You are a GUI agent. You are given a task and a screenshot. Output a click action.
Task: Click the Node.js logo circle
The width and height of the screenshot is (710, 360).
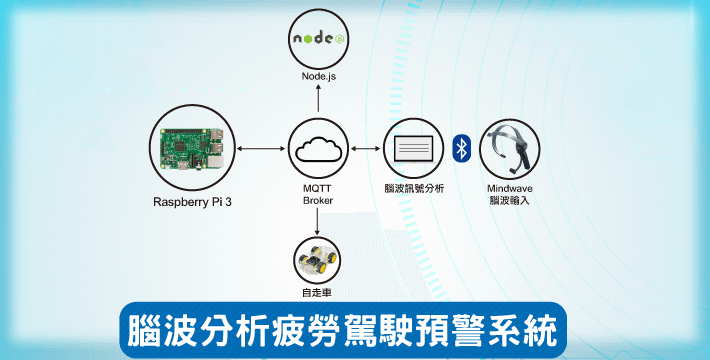point(318,39)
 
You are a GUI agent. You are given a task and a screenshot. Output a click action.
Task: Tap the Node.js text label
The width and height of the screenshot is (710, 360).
point(319,76)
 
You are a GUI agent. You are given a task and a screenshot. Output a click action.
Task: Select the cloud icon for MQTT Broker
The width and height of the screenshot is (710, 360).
point(318,149)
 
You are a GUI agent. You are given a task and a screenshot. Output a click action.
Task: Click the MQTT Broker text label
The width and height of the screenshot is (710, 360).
point(318,194)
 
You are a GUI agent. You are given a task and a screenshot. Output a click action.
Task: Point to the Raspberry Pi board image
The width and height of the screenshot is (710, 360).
point(192,148)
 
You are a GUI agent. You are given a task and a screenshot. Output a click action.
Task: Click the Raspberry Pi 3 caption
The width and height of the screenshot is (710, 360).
point(192,202)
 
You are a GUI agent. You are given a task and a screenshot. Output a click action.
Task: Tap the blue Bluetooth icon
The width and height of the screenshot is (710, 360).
point(461,148)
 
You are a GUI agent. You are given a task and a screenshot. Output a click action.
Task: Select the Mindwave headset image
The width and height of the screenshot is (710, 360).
point(510,149)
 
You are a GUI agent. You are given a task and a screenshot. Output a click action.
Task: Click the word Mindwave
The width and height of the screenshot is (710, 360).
point(510,188)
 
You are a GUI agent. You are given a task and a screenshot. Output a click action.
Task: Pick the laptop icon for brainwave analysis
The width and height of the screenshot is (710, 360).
point(413,149)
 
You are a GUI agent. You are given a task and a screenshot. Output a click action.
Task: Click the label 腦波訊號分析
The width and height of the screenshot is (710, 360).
point(414,188)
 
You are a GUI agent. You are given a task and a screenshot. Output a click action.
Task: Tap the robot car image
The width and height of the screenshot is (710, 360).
point(317,259)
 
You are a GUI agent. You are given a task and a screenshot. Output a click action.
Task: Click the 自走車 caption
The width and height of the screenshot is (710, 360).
point(317,293)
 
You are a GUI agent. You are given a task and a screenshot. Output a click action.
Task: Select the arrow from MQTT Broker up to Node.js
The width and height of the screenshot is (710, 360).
point(318,98)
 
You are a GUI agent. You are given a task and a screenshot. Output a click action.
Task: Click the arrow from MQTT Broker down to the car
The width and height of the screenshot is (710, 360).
point(317,221)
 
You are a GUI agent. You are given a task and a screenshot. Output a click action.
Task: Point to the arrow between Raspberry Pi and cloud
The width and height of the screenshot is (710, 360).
point(261,149)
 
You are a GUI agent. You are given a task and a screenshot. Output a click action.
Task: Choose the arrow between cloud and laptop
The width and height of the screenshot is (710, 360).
point(366,149)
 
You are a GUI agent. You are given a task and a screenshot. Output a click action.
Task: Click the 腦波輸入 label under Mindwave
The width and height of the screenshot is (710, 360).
point(509,200)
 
